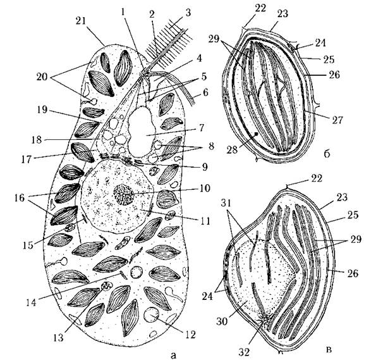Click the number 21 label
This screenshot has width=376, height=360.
point(80,21)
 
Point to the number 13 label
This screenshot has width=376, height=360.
point(58,337)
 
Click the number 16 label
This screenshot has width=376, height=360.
point(19,198)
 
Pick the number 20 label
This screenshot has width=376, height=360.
point(42,77)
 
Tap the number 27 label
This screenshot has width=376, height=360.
point(337,120)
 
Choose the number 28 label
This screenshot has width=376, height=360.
point(233,150)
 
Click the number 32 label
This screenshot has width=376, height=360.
point(244,352)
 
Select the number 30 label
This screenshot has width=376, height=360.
point(222,321)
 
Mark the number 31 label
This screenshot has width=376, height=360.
point(226,204)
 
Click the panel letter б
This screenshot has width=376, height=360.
point(327,154)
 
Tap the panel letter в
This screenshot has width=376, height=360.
point(329,350)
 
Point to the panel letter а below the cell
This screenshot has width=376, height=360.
point(173,355)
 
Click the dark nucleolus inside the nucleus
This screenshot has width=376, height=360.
point(123,194)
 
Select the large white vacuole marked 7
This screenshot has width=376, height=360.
point(142,132)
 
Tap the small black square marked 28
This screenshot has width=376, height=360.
point(257,133)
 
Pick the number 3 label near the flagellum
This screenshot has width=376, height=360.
point(188,13)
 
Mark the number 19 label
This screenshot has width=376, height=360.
point(42,110)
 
